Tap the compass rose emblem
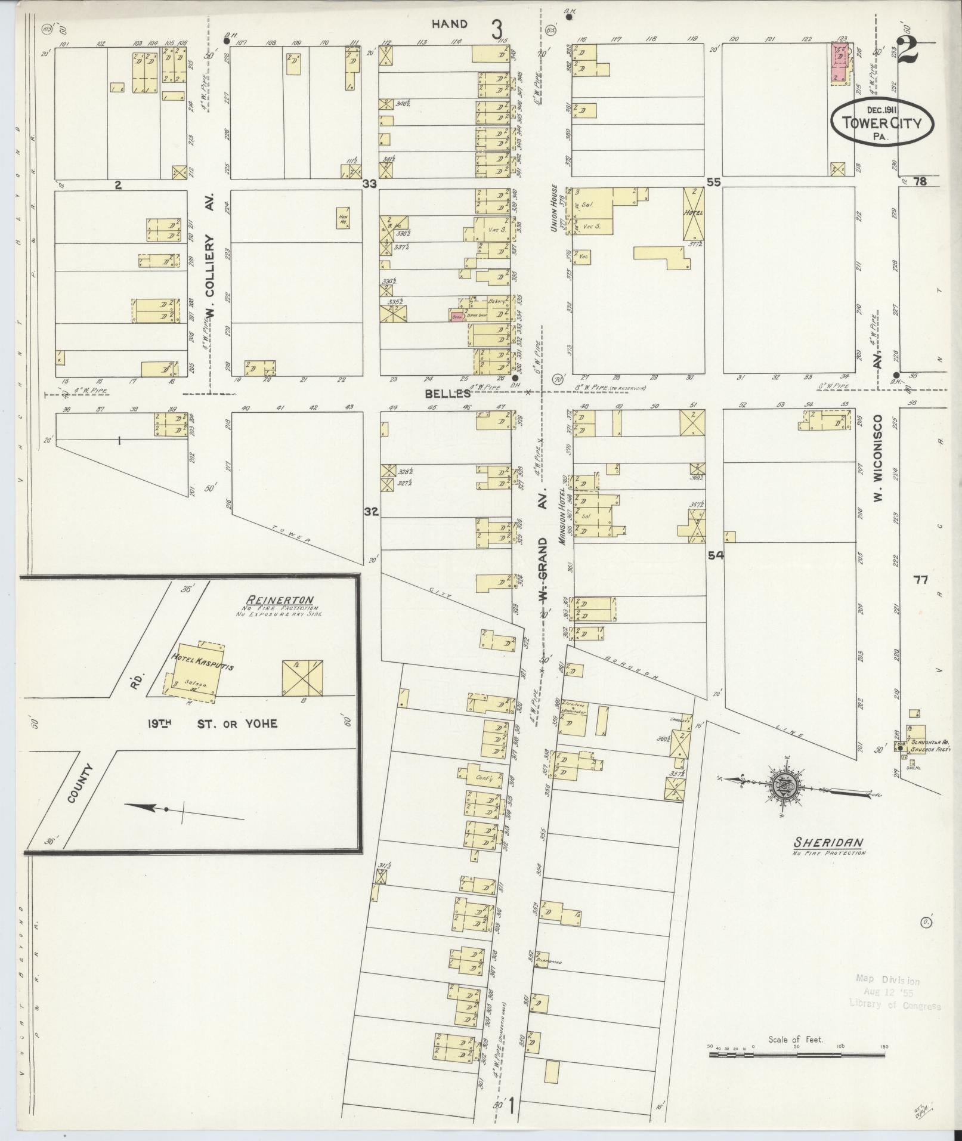coord(782,788)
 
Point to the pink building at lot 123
coord(840,62)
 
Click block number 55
coord(713,183)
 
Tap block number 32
coord(371,511)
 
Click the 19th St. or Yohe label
coord(213,723)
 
